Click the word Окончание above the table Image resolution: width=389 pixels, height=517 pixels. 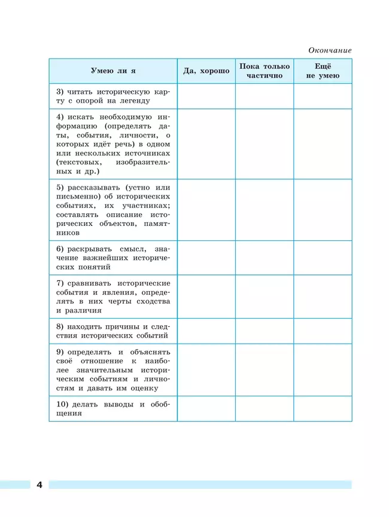(330, 50)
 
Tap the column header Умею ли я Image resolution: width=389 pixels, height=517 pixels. (113, 71)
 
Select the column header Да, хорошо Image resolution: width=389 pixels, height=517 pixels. (206, 71)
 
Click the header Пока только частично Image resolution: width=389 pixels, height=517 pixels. (264, 71)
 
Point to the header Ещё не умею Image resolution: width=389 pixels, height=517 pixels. (323, 71)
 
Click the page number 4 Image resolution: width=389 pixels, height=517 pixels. (39, 484)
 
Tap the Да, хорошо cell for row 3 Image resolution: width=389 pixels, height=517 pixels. (206, 96)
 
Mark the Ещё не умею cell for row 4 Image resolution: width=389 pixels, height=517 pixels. (323, 144)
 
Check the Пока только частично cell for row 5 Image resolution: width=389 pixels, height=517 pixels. (264, 210)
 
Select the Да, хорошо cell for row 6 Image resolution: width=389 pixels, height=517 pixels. (206, 258)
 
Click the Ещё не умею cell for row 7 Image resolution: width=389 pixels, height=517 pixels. (323, 296)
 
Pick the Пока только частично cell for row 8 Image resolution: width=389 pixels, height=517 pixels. (264, 331)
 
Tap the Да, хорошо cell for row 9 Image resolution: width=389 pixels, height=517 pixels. (206, 370)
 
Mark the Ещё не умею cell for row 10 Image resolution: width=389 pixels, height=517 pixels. (323, 408)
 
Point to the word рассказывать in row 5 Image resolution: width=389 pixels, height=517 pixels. (90, 187)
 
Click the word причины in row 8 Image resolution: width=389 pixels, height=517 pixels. (124, 326)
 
